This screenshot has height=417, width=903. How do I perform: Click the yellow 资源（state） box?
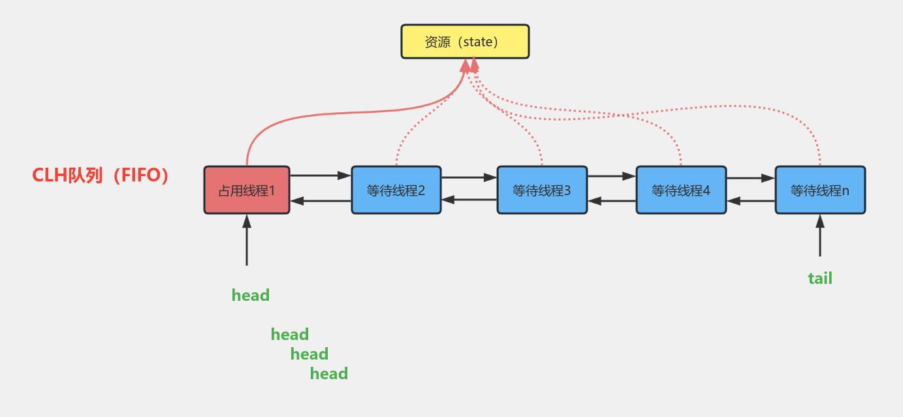(x=465, y=42)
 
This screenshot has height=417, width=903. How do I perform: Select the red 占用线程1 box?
(x=247, y=190)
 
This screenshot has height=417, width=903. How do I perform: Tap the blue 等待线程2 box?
(x=396, y=190)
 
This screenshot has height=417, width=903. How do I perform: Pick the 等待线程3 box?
(x=541, y=190)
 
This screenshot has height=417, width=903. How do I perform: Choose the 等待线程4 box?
(x=680, y=190)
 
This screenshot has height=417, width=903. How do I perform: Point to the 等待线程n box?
(x=819, y=190)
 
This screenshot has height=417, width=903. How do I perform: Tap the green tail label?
(x=820, y=279)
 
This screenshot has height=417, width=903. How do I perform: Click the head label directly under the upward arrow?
(x=251, y=296)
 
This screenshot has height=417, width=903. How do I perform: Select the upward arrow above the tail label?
(x=820, y=236)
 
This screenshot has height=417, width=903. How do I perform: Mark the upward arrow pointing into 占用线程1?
(x=247, y=240)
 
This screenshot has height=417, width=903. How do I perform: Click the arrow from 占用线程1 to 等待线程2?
(x=320, y=176)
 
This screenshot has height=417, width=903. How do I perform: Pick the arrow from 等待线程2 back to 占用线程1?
(x=320, y=201)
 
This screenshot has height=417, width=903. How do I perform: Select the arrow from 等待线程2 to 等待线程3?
(x=469, y=177)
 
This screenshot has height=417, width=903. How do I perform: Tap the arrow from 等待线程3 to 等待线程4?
(x=611, y=176)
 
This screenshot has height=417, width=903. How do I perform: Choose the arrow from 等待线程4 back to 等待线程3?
(x=611, y=202)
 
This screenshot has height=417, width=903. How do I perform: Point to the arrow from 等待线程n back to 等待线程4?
(x=751, y=201)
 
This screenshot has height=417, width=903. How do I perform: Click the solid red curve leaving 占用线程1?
(x=326, y=118)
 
